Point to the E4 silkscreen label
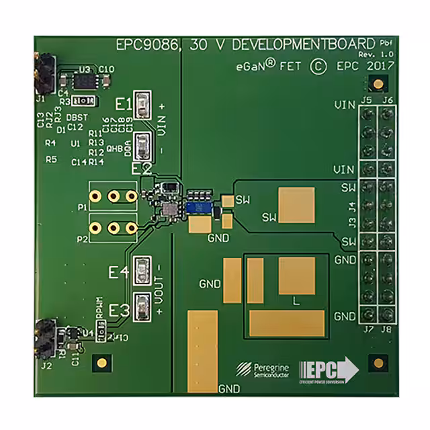(119, 272)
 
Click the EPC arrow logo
(333, 369)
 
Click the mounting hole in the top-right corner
(378, 83)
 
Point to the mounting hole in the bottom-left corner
(101, 363)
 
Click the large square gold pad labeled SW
(296, 206)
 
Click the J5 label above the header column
(366, 100)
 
